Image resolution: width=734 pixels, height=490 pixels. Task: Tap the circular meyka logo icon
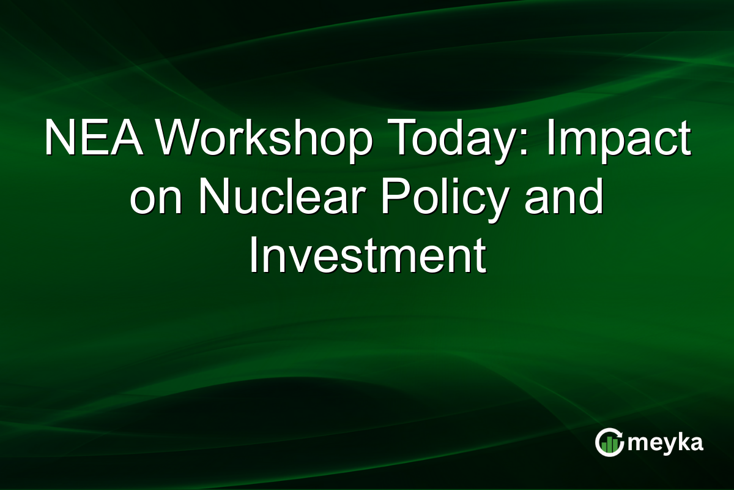click(609, 443)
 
